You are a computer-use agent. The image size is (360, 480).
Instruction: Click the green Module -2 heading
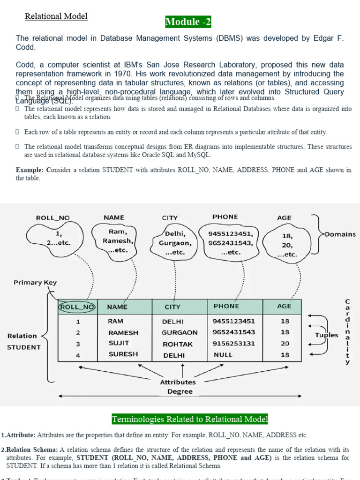[187, 22]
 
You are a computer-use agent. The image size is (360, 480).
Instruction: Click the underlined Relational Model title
[56, 16]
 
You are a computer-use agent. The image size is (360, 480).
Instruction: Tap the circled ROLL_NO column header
[77, 307]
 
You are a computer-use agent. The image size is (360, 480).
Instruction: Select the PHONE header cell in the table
[226, 306]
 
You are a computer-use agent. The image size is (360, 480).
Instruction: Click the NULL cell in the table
[223, 355]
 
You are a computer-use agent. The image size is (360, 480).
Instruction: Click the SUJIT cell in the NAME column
[119, 343]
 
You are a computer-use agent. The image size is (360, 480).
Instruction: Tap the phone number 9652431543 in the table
[233, 332]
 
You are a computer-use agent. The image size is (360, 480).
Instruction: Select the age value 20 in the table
[285, 343]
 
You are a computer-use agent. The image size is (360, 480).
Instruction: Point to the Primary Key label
[35, 283]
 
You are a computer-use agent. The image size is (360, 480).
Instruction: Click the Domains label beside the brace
[339, 234]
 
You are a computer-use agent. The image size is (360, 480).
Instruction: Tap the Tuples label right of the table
[327, 335]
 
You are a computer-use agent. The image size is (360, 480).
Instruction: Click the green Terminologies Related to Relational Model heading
[190, 419]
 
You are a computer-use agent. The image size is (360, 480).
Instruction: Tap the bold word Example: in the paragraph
[31, 170]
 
